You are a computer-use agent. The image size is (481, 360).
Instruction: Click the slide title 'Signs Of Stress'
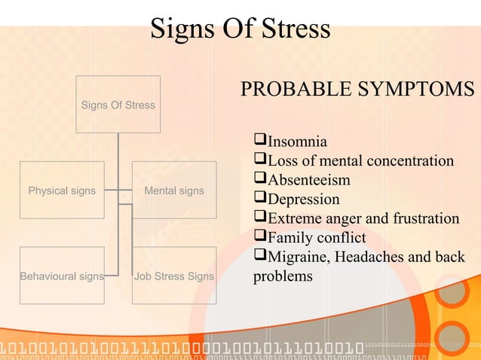pos(240,29)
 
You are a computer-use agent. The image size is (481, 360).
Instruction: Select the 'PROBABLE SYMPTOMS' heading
pos(357,89)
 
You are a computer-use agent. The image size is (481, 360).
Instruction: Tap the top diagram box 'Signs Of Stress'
pos(118,105)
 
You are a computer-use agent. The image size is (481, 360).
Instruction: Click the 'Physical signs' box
pos(62,191)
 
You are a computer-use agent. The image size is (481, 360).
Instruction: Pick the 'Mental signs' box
pos(174,191)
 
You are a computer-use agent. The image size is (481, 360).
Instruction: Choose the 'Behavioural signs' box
pos(62,276)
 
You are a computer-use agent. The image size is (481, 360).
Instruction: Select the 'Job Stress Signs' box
pos(174,276)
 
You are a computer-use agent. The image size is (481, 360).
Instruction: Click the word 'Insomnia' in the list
pos(297,141)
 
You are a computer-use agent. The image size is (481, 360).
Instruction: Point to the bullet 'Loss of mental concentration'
pos(360,160)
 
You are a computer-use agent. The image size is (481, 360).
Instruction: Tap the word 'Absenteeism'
pos(309,180)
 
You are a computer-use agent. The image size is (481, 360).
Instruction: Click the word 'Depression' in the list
pos(304,200)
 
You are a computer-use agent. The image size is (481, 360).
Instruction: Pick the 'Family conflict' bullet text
pos(317,239)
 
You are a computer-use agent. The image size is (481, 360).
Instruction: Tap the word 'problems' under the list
pos(283,277)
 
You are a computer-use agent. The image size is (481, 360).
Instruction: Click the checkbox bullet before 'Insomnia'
pos(260,140)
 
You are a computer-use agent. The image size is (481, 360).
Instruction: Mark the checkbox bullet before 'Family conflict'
pos(260,238)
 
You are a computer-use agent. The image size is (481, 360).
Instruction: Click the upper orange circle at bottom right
pos(453,290)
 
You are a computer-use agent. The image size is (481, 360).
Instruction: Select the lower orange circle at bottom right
pos(453,337)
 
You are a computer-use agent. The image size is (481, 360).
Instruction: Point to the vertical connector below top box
pos(118,147)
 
